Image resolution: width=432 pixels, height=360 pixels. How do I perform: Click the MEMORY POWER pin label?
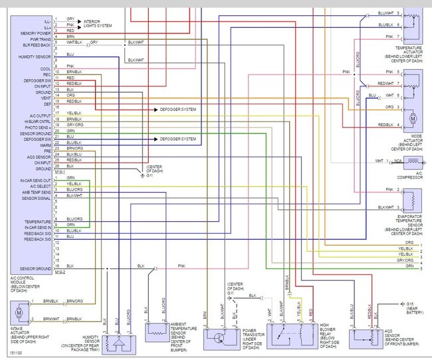[35, 33]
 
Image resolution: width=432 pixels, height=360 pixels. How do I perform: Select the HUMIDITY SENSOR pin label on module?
[35, 58]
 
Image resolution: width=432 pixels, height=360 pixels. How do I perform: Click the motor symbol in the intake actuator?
[19, 310]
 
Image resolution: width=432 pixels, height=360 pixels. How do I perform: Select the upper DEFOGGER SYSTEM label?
[178, 108]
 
